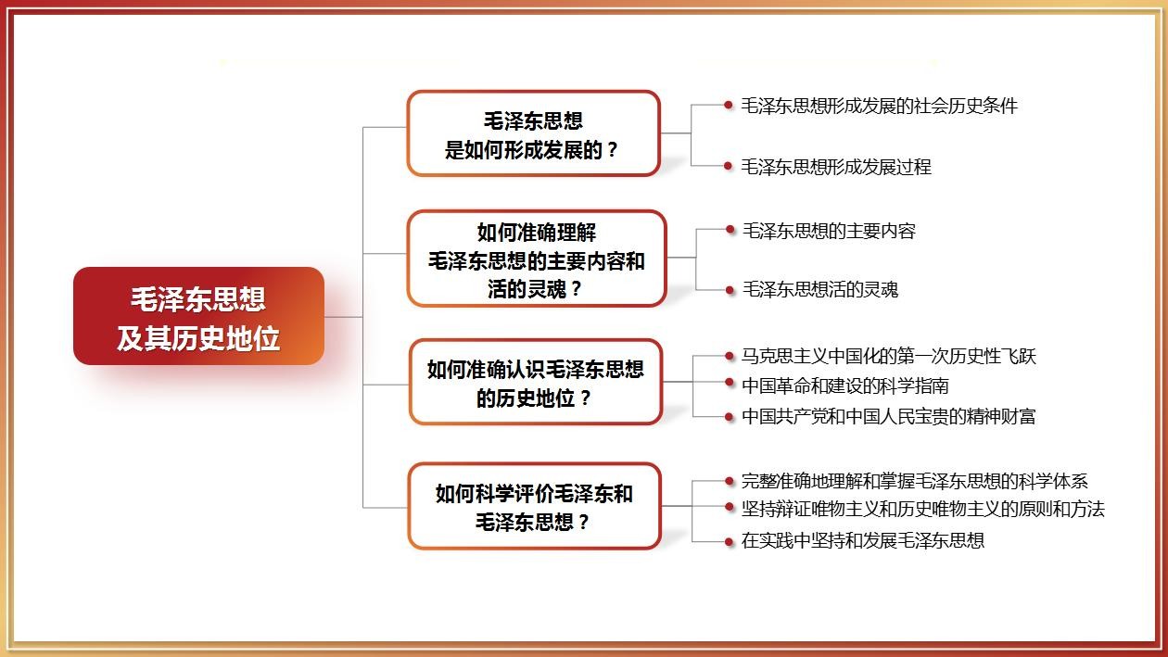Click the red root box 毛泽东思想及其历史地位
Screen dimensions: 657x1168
(198, 317)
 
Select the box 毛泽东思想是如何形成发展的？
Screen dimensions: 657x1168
(533, 133)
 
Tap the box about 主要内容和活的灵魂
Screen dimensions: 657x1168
(537, 259)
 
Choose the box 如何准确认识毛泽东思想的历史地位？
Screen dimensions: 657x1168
(536, 383)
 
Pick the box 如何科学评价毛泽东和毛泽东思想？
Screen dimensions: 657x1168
(534, 507)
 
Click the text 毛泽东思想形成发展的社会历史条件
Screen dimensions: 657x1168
(879, 106)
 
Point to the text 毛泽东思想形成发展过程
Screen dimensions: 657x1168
(835, 167)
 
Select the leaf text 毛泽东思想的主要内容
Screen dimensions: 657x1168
(829, 231)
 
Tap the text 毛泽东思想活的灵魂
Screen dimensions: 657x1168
(819, 290)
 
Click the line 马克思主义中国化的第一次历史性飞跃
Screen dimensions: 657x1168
(889, 356)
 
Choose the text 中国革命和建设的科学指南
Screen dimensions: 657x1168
(844, 385)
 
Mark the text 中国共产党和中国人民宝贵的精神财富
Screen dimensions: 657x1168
(888, 416)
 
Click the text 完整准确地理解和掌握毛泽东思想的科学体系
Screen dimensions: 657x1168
(914, 481)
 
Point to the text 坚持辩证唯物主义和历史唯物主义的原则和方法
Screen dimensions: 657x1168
(922, 509)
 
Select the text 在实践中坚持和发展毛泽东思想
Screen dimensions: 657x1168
(862, 540)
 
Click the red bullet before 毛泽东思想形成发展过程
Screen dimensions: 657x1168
(729, 167)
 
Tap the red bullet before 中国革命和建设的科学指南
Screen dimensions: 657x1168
(730, 385)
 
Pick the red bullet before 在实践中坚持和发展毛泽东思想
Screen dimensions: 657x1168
(730, 540)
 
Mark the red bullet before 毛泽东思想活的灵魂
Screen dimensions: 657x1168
(730, 290)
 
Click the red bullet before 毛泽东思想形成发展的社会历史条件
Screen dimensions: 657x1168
(729, 106)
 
